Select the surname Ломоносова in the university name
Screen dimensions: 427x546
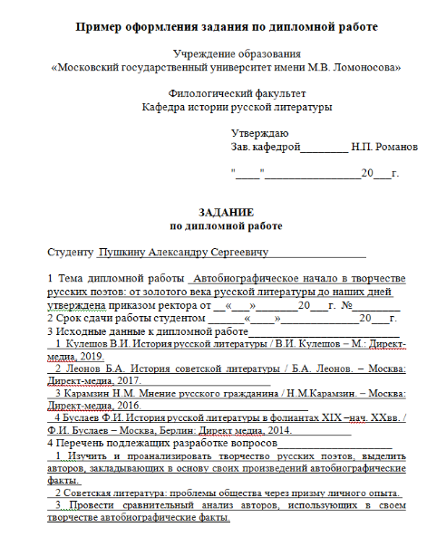[364, 67]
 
